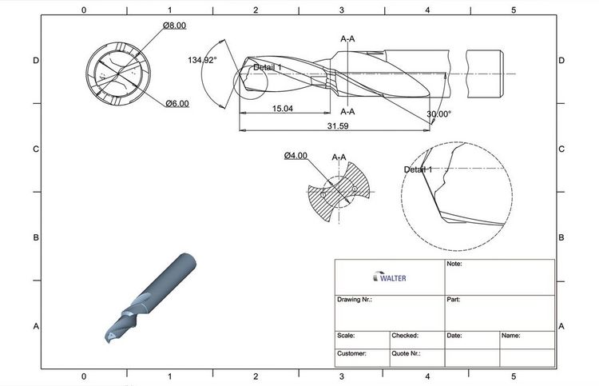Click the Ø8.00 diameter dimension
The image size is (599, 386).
(174, 26)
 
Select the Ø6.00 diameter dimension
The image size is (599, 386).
(177, 104)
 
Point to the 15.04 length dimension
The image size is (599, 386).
(283, 108)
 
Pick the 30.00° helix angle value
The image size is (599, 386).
(438, 114)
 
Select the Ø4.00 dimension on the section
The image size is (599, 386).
(296, 156)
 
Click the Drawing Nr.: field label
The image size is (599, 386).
(355, 300)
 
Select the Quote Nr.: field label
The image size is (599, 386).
(407, 353)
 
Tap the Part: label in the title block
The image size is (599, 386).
(454, 300)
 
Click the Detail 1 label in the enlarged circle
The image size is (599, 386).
(418, 170)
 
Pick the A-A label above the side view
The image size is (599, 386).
(348, 38)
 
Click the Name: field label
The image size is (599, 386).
(511, 336)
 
